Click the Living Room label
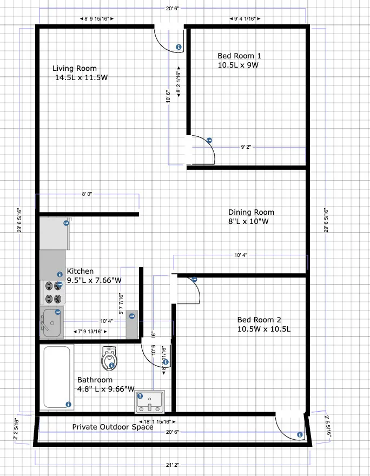[75, 68]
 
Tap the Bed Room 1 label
[239, 56]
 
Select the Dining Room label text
[251, 212]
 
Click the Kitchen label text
[80, 271]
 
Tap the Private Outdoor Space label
[113, 427]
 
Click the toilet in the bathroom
[110, 358]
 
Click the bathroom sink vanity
[149, 401]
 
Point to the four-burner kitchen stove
[53, 292]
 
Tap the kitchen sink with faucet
[52, 322]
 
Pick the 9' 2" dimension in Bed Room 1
[246, 147]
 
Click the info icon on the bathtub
[68, 404]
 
